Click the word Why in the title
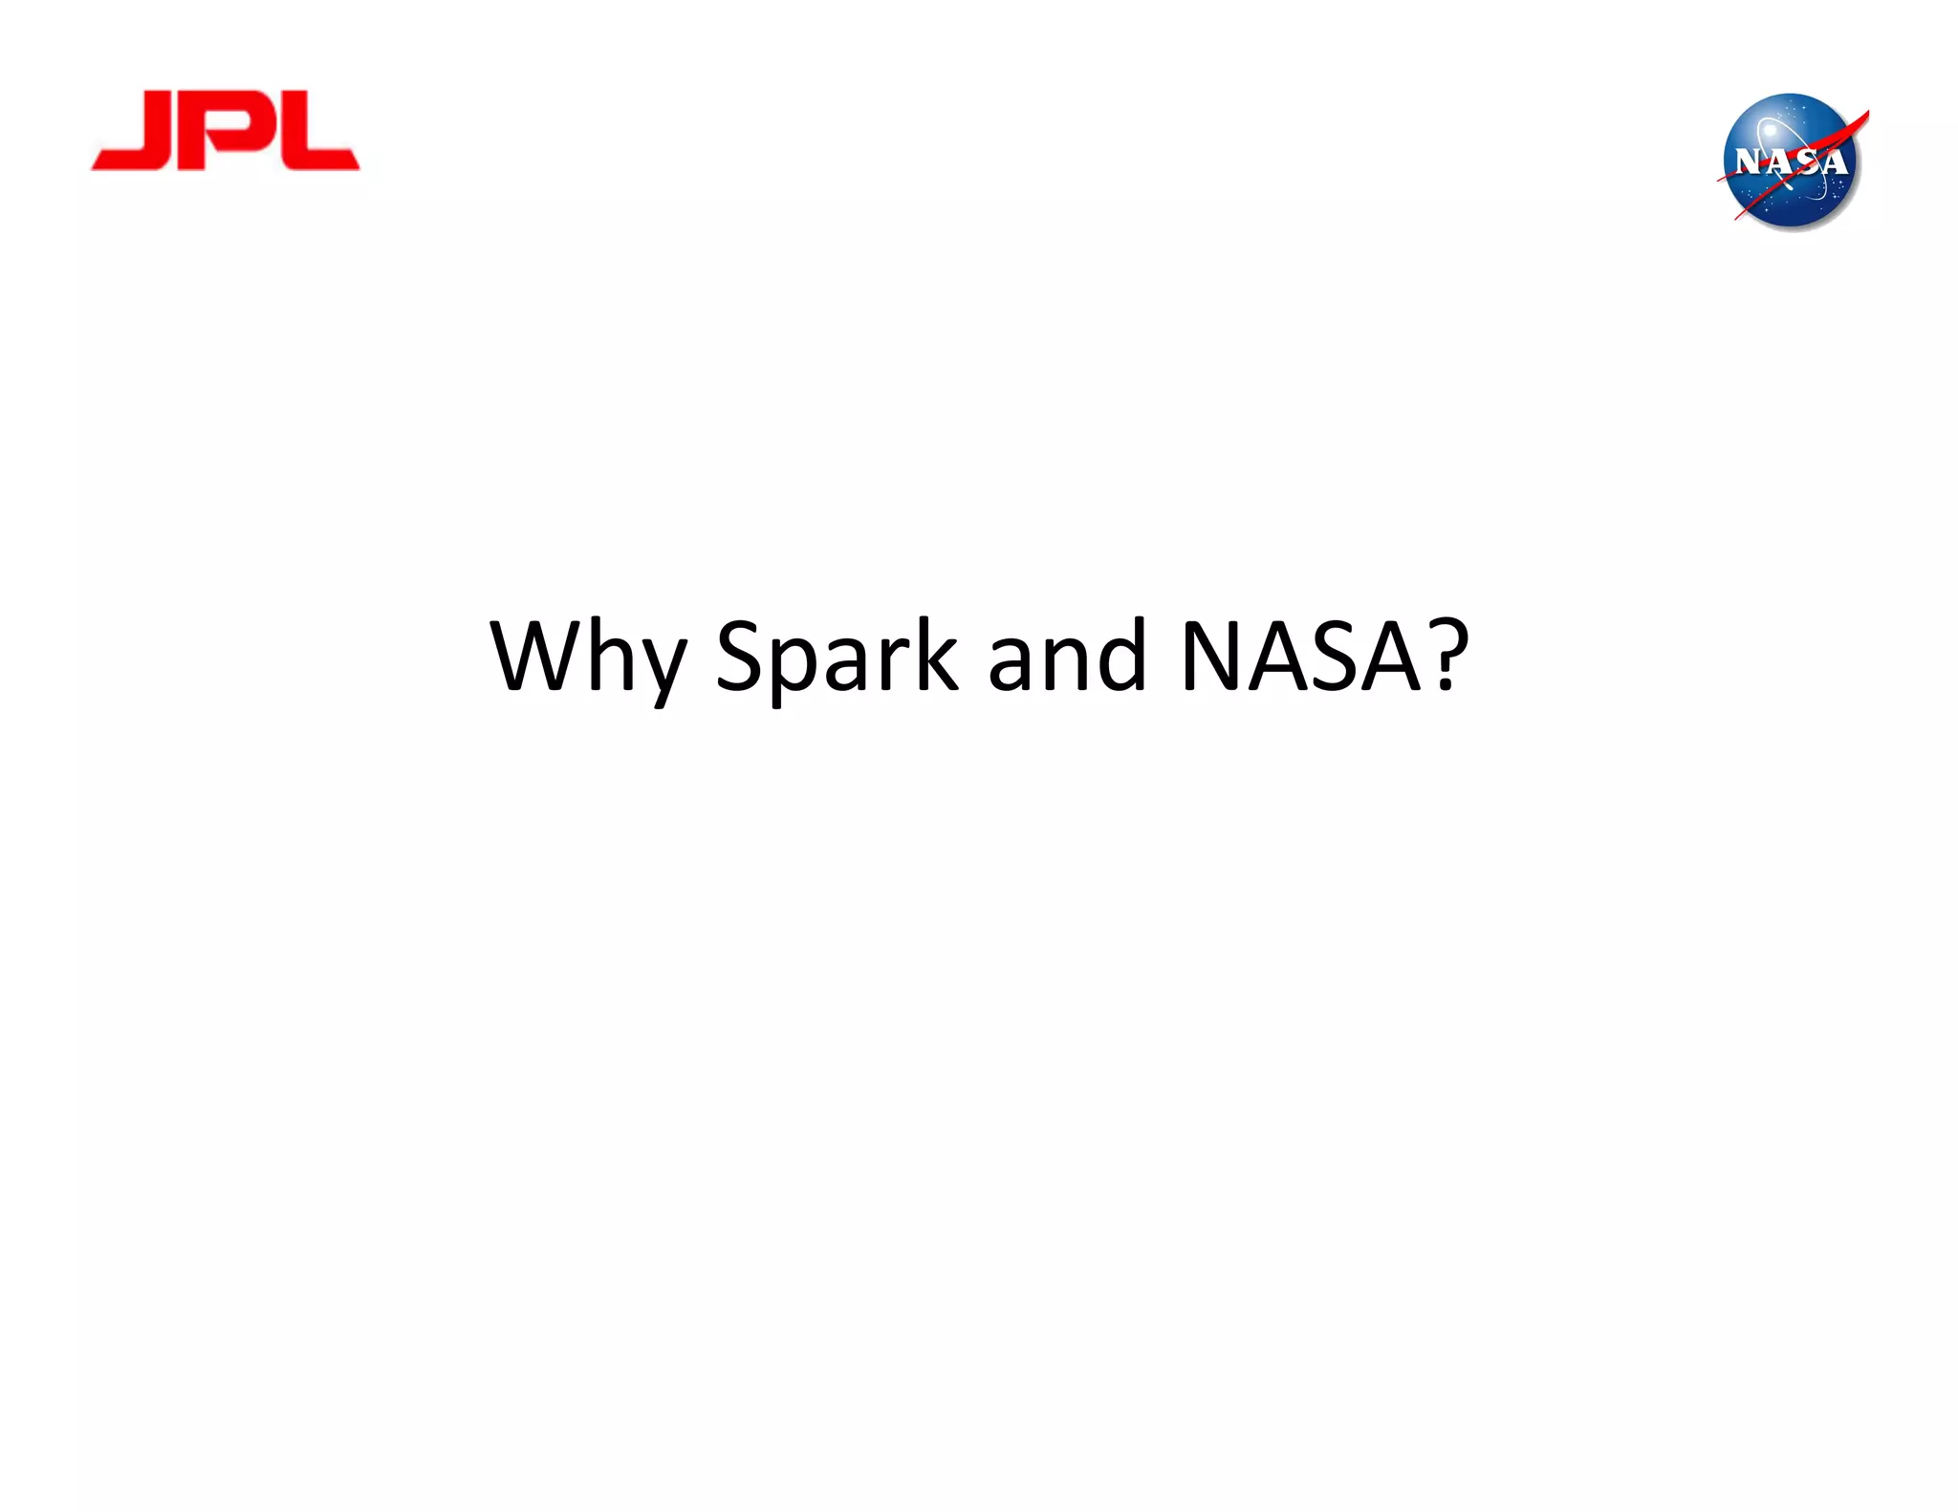point(587,658)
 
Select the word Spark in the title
point(836,658)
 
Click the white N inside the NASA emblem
point(1749,162)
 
